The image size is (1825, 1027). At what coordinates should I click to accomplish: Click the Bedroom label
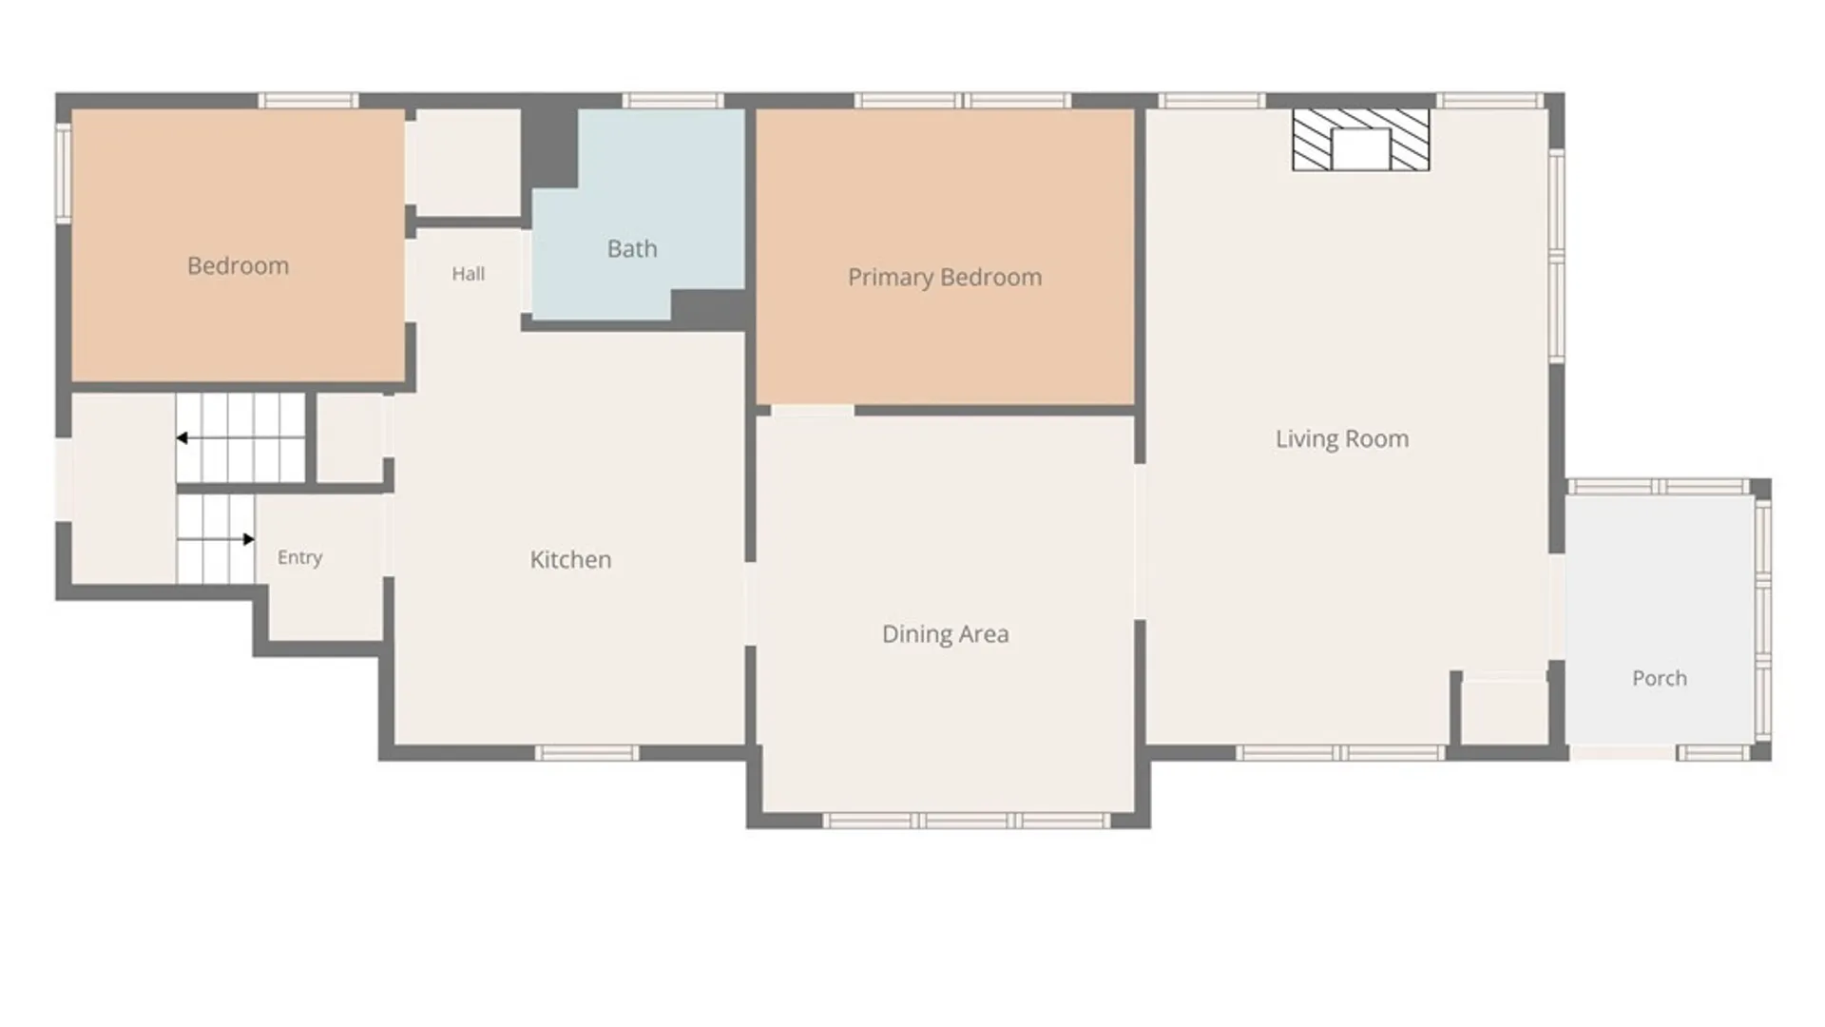pyautogui.click(x=238, y=266)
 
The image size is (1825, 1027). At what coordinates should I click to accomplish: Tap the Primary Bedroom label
pyautogui.click(x=945, y=278)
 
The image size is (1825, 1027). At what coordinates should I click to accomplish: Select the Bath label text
pyautogui.click(x=632, y=249)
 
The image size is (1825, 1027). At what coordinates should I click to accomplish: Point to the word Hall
pyautogui.click(x=468, y=274)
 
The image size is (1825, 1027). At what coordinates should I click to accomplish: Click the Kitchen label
pyautogui.click(x=570, y=559)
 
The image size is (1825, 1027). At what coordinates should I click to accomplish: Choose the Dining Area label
pyautogui.click(x=946, y=634)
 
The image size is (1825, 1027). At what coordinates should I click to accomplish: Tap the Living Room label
pyautogui.click(x=1342, y=439)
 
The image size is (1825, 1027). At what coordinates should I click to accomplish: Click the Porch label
pyautogui.click(x=1660, y=678)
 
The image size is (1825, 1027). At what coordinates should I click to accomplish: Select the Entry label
pyautogui.click(x=299, y=557)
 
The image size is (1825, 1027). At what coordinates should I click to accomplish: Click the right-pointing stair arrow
pyautogui.click(x=216, y=539)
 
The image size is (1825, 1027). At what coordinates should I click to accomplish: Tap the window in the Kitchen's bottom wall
pyautogui.click(x=586, y=753)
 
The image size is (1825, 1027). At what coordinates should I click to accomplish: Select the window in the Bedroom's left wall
pyautogui.click(x=64, y=173)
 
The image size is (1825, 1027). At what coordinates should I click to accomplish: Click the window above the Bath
pyautogui.click(x=673, y=101)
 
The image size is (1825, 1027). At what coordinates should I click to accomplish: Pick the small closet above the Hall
pyautogui.click(x=469, y=163)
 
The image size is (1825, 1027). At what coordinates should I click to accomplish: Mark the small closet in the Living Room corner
pyautogui.click(x=1505, y=711)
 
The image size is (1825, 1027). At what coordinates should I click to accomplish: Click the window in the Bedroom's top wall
pyautogui.click(x=309, y=101)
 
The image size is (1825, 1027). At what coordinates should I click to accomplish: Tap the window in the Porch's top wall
pyautogui.click(x=1659, y=487)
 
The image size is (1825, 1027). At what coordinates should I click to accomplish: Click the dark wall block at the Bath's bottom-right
pyautogui.click(x=708, y=308)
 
